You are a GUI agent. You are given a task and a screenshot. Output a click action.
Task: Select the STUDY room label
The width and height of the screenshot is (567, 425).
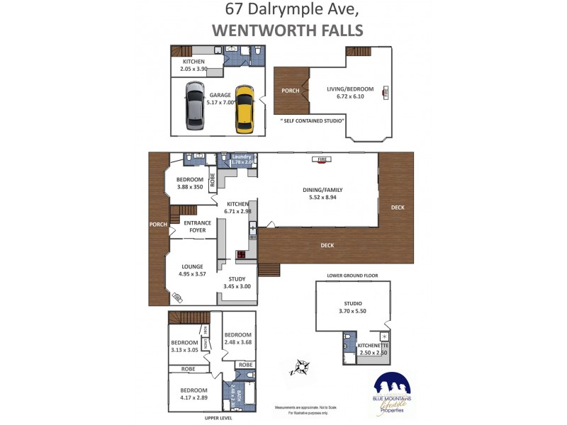click(237, 278)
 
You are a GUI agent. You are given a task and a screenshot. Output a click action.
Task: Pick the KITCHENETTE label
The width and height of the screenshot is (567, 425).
click(374, 345)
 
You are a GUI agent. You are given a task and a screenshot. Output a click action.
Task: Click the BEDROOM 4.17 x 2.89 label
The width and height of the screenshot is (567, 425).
click(193, 390)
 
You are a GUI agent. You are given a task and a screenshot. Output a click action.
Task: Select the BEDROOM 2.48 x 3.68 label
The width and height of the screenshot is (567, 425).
click(237, 335)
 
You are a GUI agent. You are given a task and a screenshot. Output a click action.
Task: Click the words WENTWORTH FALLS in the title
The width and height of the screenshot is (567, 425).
click(287, 30)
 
